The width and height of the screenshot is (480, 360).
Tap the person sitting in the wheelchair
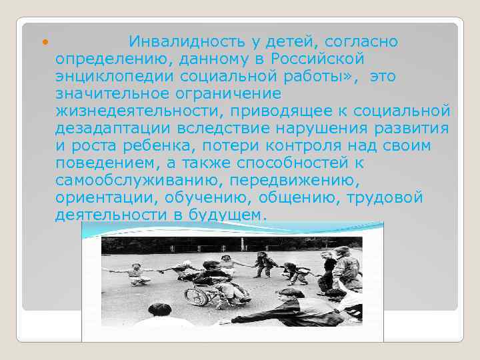(215, 280)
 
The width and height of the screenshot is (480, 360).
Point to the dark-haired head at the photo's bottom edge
(160, 313)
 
